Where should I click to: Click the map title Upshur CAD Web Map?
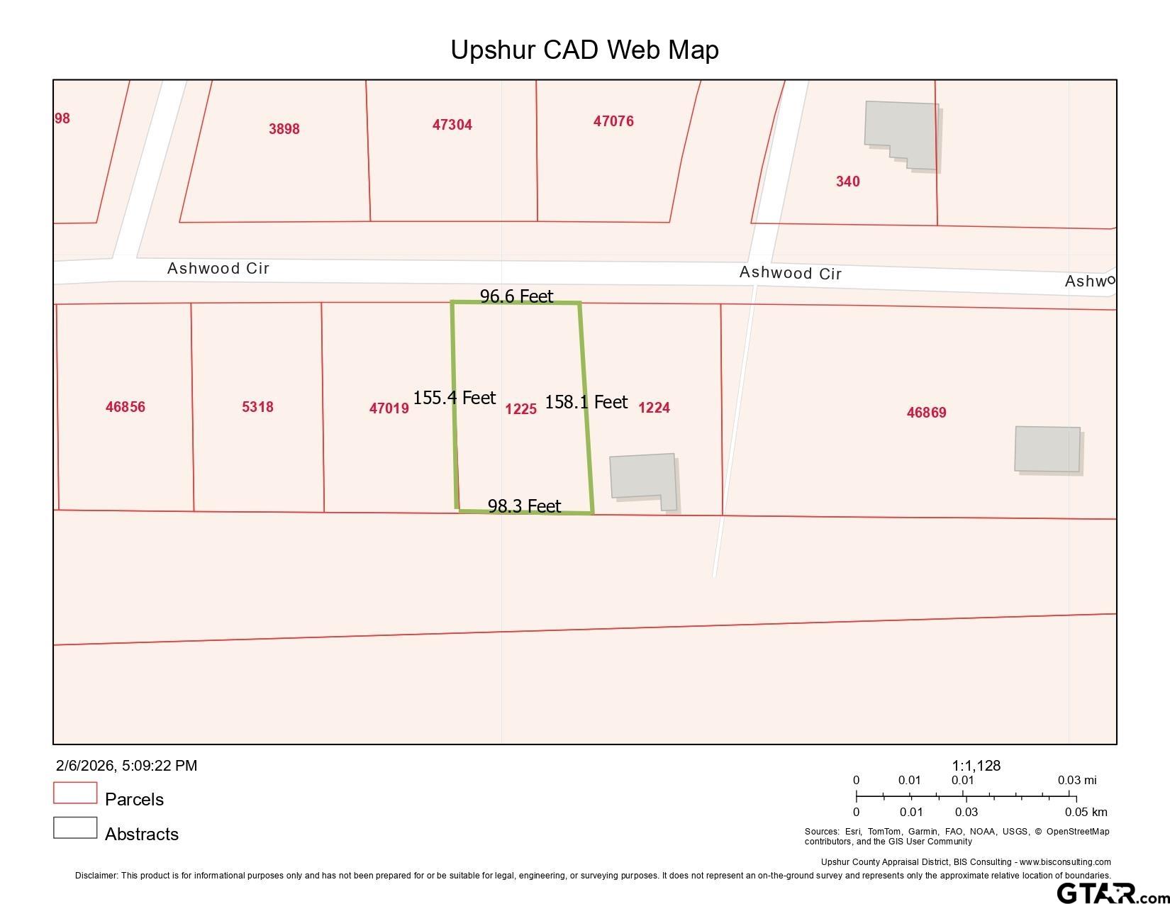[x=584, y=50]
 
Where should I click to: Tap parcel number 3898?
[x=284, y=129]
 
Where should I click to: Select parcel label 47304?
[x=452, y=125]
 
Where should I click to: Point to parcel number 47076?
[x=613, y=121]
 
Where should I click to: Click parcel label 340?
[x=847, y=182]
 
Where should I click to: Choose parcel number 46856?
[x=125, y=407]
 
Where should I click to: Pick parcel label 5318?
[x=257, y=407]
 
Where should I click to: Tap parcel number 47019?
[x=389, y=408]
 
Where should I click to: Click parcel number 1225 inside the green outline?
[x=520, y=409]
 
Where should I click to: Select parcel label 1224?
[x=654, y=408]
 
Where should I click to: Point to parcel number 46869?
[x=926, y=413]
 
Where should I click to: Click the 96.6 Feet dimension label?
[x=516, y=296]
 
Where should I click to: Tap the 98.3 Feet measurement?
[x=524, y=506]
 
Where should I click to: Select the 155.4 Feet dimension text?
[x=454, y=398]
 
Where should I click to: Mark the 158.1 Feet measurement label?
[x=586, y=402]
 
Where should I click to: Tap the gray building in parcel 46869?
[x=1047, y=449]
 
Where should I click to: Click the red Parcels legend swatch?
[x=75, y=793]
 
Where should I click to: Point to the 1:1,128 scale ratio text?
[x=976, y=766]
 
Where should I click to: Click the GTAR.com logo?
[x=1110, y=893]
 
